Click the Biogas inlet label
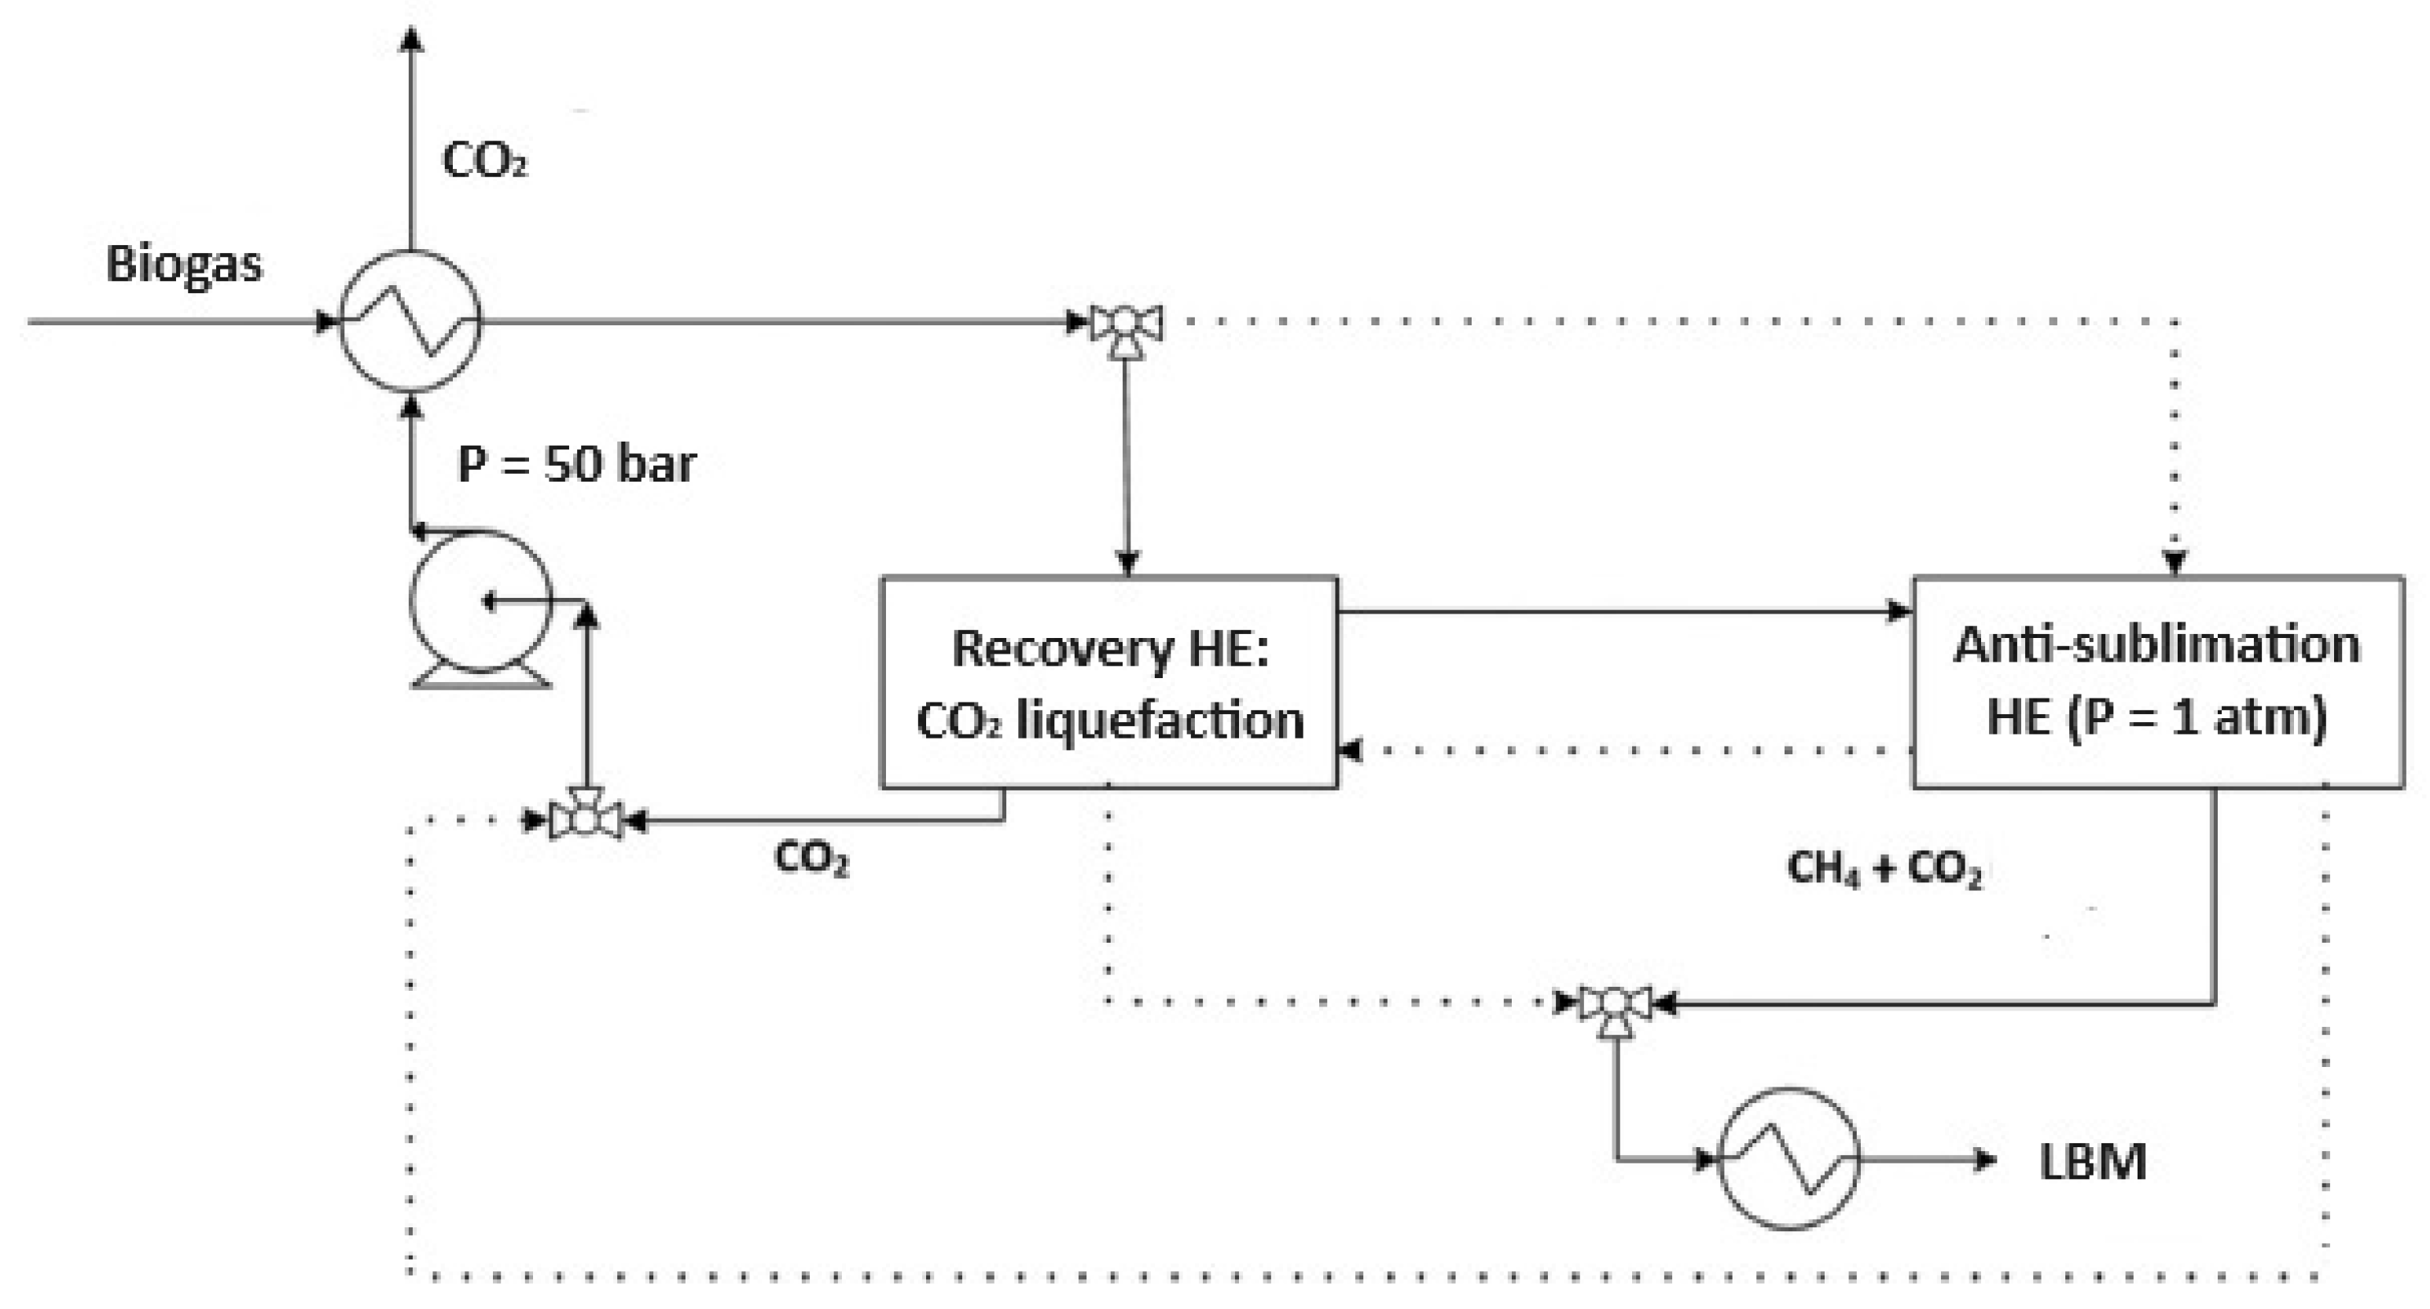183,265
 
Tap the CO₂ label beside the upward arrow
484,161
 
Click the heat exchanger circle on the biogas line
410,321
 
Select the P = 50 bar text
576,464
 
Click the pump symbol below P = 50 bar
480,603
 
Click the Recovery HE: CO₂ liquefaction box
1108,682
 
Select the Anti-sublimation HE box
2157,682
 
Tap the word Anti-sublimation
2156,646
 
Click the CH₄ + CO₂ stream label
1884,868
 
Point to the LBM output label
2092,1162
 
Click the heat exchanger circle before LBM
1788,1159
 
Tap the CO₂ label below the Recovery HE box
811,858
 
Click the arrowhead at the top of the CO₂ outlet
410,38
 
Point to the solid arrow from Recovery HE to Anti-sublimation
1623,611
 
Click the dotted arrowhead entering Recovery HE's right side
1350,750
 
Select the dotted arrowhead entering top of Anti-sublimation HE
2175,564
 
